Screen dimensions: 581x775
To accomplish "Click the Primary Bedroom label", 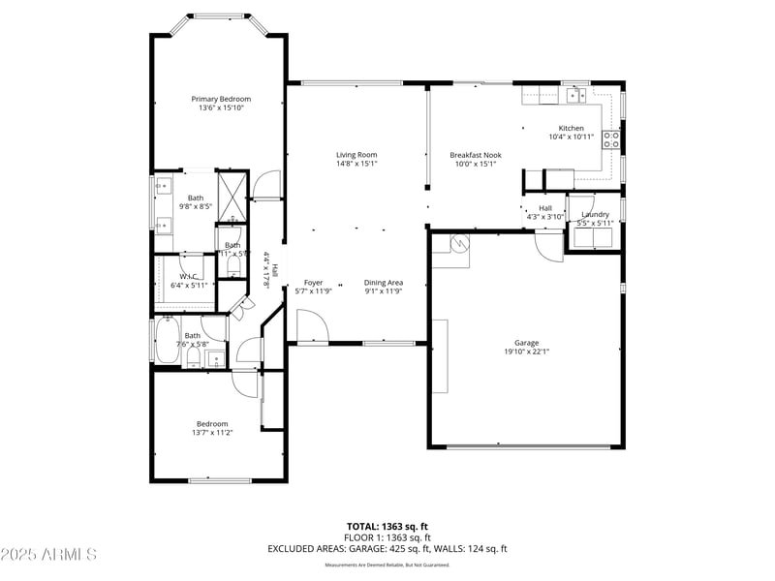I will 221,99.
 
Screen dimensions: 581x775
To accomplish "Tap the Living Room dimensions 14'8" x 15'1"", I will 356,164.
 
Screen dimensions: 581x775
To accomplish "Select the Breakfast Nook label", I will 475,155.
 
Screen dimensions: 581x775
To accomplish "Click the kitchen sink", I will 576,95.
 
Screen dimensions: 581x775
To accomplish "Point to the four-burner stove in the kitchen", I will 611,138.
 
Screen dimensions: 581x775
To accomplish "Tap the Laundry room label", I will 595,214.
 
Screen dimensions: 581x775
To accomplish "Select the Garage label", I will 526,343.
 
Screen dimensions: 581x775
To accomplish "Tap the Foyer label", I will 314,282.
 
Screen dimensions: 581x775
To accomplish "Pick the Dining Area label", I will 384,282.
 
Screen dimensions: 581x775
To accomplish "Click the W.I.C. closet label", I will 188,276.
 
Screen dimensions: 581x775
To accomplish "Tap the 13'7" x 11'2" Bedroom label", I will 212,423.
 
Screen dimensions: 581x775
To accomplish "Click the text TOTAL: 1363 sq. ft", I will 387,526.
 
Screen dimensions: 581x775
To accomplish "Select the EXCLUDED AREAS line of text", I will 387,548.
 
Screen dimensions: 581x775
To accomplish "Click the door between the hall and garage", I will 549,246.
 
